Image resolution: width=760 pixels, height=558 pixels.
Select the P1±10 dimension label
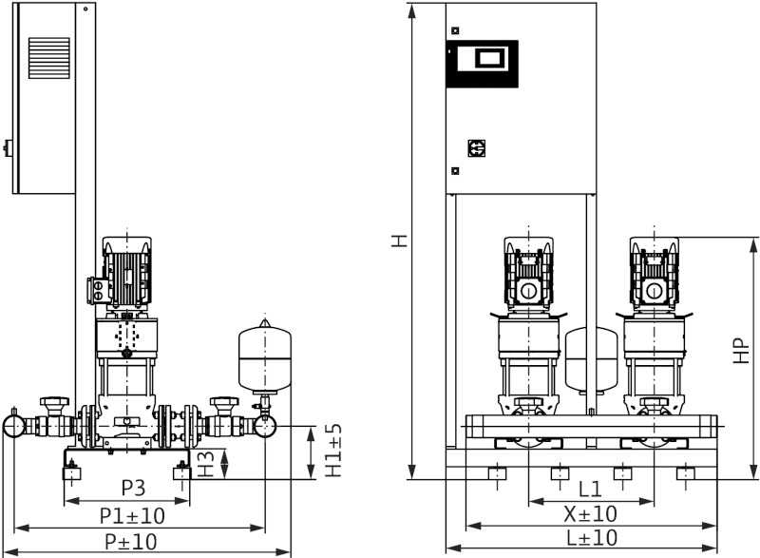point(133,515)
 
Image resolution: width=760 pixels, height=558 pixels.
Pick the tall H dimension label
point(401,241)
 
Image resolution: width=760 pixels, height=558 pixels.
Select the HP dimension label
point(742,351)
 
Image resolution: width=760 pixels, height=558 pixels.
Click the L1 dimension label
point(590,490)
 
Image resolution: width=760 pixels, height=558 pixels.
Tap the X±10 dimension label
point(590,514)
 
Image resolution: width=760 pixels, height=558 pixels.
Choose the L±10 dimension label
point(590,539)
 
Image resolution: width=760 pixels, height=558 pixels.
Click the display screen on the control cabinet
point(482,60)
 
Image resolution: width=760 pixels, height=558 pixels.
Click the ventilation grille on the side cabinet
point(48,63)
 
